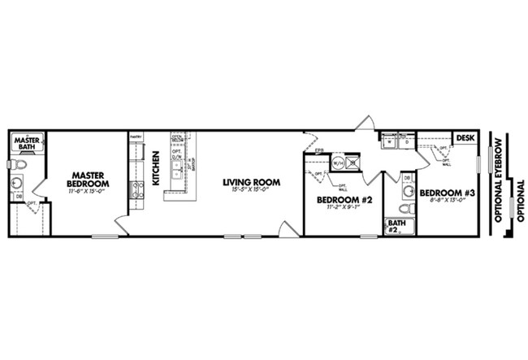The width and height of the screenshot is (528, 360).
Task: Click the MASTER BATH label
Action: pyautogui.click(x=27, y=142)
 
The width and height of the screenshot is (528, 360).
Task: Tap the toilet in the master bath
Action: pyautogui.click(x=19, y=165)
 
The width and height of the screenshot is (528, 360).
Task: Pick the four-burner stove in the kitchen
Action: pyautogui.click(x=136, y=190)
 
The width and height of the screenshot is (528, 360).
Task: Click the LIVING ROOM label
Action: pyautogui.click(x=252, y=182)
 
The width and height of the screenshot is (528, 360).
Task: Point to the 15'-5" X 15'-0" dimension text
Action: pyautogui.click(x=252, y=190)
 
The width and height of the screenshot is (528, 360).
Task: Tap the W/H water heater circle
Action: pyautogui.click(x=335, y=163)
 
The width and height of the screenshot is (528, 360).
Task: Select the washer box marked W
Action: pyautogui.click(x=389, y=142)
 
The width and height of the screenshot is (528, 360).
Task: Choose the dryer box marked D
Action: pyautogui.click(x=407, y=142)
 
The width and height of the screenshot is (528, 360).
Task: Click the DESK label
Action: pyautogui.click(x=465, y=138)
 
